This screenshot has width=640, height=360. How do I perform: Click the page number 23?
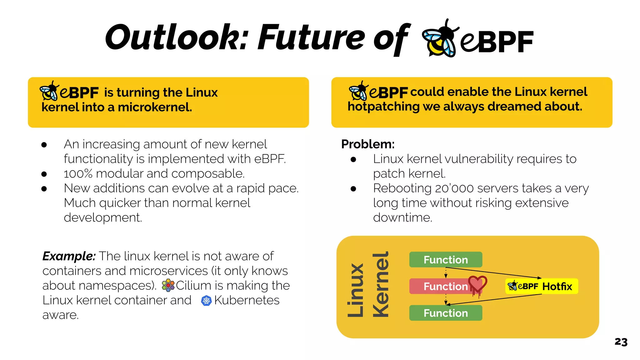(621, 342)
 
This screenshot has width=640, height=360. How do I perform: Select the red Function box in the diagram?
(441, 286)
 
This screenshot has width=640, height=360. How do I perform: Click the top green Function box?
(446, 260)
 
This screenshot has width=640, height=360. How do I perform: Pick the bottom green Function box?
(446, 313)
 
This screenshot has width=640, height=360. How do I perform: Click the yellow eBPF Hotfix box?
(542, 286)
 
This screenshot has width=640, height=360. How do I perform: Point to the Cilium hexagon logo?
(168, 285)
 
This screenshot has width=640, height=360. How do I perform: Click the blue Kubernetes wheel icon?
(206, 301)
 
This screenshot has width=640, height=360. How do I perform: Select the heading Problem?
(368, 144)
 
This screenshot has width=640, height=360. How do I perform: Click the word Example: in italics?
(69, 256)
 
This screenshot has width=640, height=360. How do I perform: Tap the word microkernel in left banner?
(155, 107)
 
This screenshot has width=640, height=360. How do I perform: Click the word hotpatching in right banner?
(383, 107)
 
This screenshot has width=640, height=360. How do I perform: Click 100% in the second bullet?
(78, 174)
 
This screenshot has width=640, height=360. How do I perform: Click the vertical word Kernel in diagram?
(381, 284)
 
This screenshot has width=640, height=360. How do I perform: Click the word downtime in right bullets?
(402, 217)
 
